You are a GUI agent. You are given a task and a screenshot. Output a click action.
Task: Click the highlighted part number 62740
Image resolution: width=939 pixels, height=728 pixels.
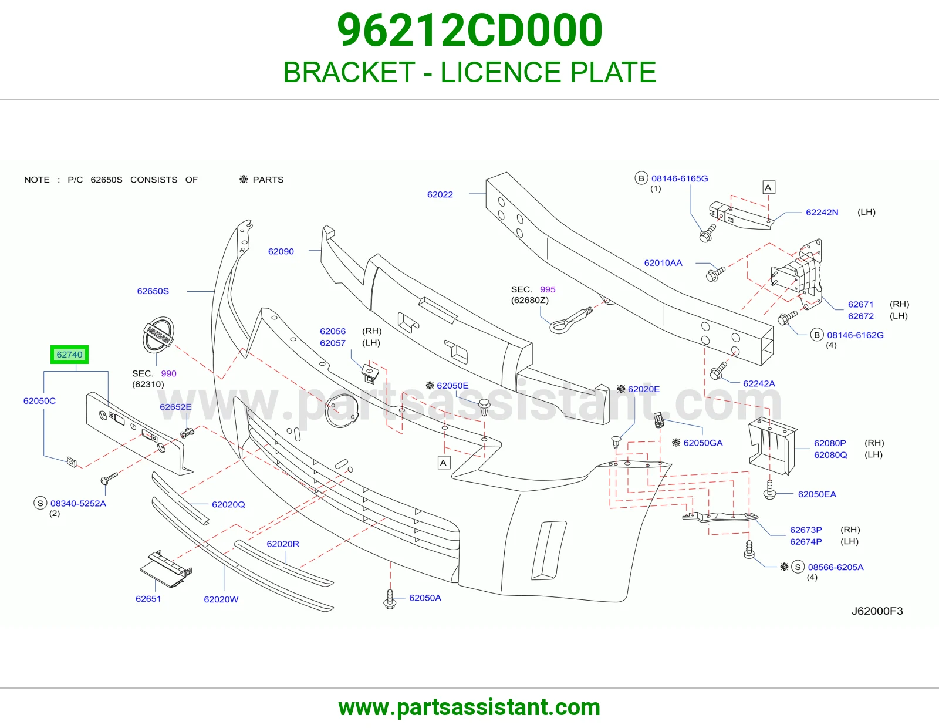point(69,355)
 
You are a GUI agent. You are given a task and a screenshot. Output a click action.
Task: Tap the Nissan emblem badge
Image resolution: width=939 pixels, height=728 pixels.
point(158,335)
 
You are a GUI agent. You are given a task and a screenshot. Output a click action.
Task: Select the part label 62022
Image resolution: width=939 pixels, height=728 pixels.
point(440,194)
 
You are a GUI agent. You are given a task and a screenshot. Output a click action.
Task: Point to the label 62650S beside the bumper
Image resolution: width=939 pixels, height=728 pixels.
point(153,291)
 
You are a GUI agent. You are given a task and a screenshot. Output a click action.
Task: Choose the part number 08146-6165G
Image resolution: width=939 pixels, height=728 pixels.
point(680,178)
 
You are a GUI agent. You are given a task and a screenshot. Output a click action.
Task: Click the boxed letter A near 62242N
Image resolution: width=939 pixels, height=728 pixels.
point(768,188)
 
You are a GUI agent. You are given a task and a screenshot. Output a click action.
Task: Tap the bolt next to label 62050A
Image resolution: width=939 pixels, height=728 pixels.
point(390,599)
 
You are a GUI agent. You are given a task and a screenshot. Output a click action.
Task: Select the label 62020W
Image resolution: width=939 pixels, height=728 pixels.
point(221,599)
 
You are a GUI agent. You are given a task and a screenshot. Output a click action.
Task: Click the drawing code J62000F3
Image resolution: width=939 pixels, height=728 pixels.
point(877,611)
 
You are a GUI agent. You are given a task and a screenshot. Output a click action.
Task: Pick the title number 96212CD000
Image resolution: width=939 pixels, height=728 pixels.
point(469,30)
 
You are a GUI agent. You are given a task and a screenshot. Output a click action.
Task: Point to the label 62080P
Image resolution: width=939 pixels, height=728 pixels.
point(830,443)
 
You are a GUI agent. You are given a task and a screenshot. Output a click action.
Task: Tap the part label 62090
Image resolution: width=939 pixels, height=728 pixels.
point(281,251)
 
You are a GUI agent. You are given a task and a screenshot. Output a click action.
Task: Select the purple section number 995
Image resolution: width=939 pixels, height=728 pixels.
point(548,289)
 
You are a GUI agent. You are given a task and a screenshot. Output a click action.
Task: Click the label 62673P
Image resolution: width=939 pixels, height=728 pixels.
point(806,530)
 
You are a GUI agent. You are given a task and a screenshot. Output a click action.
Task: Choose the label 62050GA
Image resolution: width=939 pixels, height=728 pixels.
point(703,443)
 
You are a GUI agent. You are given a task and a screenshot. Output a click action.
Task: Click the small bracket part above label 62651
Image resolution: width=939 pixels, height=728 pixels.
point(166,569)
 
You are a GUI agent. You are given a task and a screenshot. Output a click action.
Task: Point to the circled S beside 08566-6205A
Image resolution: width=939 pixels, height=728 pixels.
point(798,567)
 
